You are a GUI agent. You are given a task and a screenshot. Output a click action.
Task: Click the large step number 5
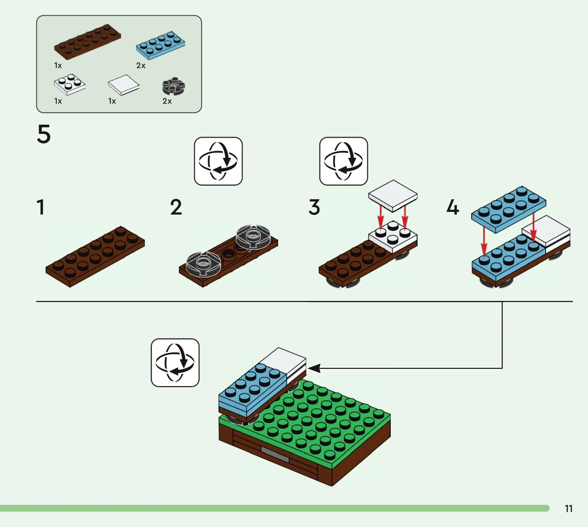tap(44, 134)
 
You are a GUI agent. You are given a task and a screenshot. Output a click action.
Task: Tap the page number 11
tap(568, 509)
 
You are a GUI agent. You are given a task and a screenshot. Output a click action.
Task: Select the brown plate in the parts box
tap(87, 42)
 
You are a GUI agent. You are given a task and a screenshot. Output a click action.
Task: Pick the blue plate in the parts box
tap(161, 46)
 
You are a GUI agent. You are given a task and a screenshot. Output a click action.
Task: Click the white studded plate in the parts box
tap(69, 84)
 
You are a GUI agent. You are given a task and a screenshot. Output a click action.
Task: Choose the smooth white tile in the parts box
tap(123, 84)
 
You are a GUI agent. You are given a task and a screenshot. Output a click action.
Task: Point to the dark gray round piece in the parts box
tap(174, 86)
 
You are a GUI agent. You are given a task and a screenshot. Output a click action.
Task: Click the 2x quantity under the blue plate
tap(141, 66)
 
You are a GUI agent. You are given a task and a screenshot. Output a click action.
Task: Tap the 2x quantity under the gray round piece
tap(167, 101)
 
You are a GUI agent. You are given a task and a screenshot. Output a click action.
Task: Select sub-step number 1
tap(41, 207)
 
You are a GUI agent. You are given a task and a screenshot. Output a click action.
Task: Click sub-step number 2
tap(176, 207)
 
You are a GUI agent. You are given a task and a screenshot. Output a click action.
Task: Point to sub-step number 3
tap(314, 207)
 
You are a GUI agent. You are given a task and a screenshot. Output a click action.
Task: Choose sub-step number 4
tap(452, 207)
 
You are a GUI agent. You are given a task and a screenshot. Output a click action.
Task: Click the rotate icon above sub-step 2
tap(218, 161)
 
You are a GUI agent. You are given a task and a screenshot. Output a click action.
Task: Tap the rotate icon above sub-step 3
tap(344, 161)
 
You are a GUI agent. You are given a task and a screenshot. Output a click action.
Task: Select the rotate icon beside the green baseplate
tap(175, 363)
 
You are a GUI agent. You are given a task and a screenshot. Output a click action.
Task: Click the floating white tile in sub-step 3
tap(393, 195)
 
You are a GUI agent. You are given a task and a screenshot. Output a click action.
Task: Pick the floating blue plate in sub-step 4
tap(508, 209)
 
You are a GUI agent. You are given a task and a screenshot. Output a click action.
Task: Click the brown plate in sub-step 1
tap(95, 256)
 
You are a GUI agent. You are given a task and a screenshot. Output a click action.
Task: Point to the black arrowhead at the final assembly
tap(314, 368)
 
